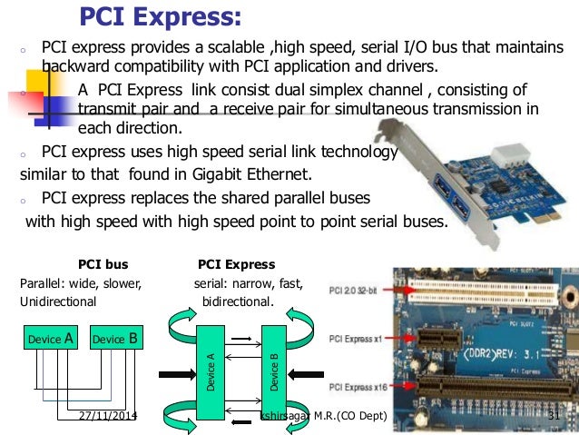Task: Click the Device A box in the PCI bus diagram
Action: (x=51, y=340)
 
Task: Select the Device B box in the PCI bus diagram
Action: (x=115, y=340)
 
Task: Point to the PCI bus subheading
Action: (x=103, y=265)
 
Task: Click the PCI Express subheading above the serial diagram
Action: (x=236, y=265)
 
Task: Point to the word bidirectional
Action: (x=237, y=300)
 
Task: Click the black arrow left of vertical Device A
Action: (x=172, y=371)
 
